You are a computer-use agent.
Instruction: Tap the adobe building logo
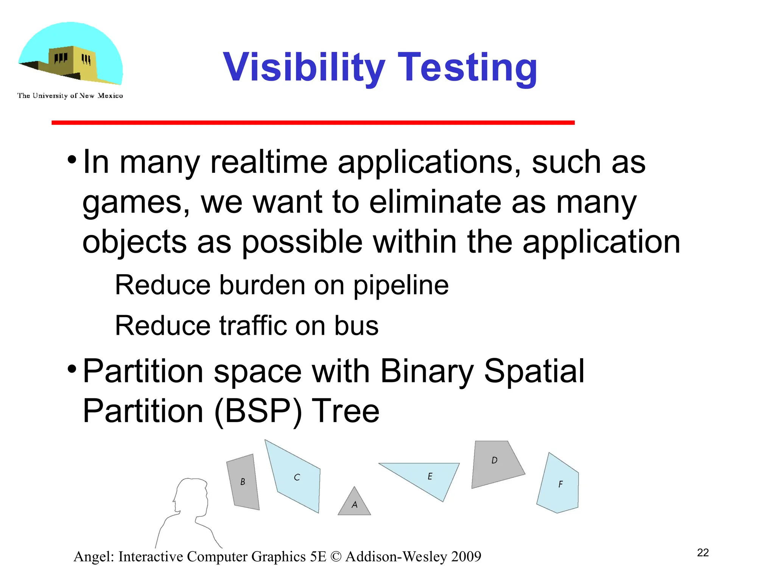tap(71, 55)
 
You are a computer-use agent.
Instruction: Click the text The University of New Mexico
tap(70, 96)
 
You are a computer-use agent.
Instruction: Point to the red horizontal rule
tap(313, 123)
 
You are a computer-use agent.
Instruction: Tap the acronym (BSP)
tap(258, 411)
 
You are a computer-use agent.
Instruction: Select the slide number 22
tap(703, 553)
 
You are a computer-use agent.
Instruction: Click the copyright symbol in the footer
tap(335, 557)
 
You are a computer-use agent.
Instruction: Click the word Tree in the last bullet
tap(345, 411)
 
